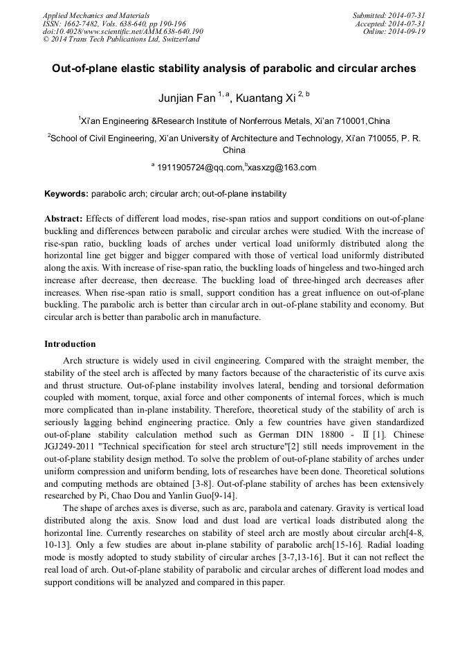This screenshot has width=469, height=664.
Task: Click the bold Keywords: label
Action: click(x=66, y=194)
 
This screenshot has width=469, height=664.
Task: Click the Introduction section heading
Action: click(x=70, y=344)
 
